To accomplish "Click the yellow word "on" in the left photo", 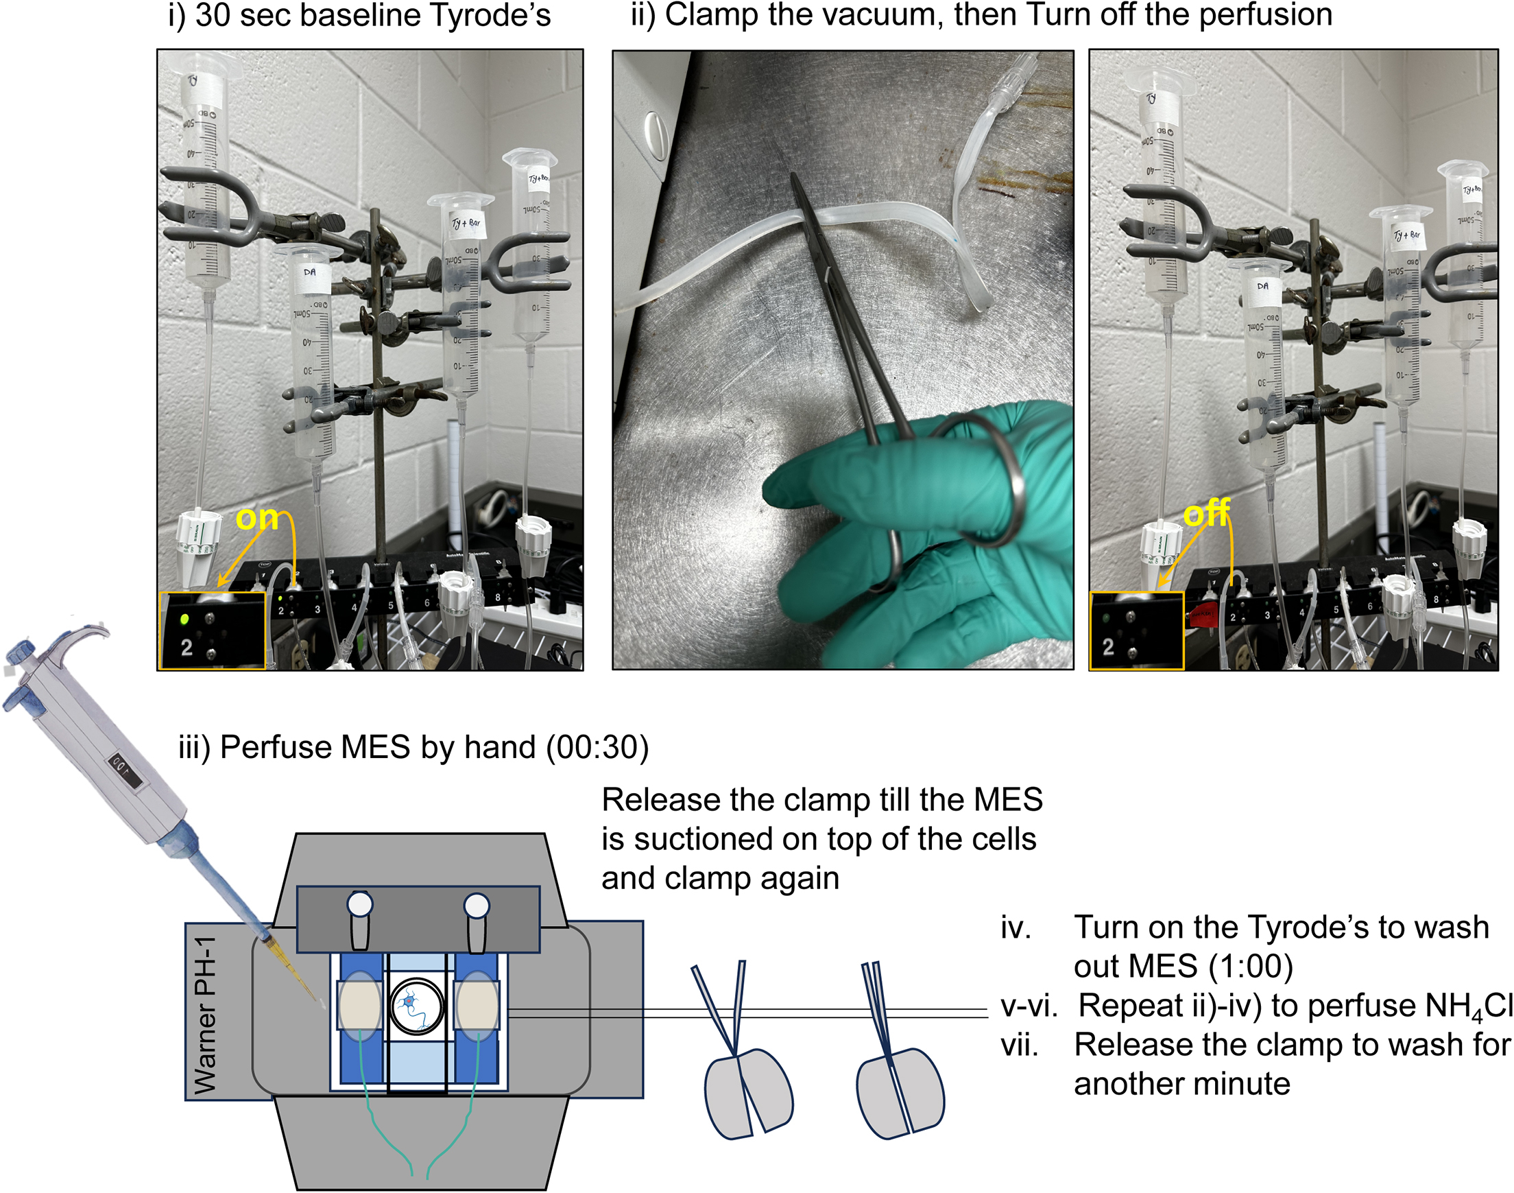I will click(x=256, y=518).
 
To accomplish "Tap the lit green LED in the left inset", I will click(x=185, y=619).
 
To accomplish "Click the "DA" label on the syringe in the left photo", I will click(x=309, y=272).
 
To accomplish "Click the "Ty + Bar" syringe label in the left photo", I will click(x=466, y=224).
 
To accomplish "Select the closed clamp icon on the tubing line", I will click(x=897, y=1062).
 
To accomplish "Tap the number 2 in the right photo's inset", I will click(x=1108, y=647).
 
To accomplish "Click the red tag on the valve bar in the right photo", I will click(x=1201, y=614).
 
